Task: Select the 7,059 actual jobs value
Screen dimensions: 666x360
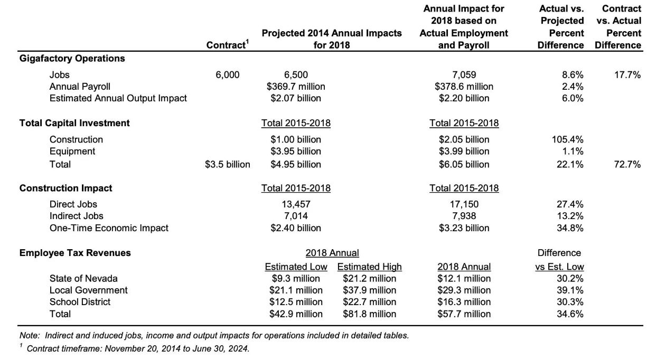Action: click(464, 74)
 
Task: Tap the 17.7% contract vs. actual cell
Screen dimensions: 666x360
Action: click(627, 74)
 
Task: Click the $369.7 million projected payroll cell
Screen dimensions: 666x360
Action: click(296, 87)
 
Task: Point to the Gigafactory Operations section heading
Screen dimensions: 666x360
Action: click(72, 58)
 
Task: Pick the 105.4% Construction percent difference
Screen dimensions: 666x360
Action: click(567, 139)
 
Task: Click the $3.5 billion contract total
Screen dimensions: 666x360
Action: click(228, 164)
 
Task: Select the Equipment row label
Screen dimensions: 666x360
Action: click(72, 151)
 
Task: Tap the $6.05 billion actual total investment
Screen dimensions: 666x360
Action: click(464, 164)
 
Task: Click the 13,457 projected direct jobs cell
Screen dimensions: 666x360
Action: click(296, 204)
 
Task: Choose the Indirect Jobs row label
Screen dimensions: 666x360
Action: click(77, 216)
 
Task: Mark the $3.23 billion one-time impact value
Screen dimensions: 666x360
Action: click(464, 228)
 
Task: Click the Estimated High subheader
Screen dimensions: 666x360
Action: click(369, 267)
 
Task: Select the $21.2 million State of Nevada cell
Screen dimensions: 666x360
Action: click(369, 279)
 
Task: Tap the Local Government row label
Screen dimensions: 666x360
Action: click(88, 290)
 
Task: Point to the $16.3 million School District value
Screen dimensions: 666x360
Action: click(464, 302)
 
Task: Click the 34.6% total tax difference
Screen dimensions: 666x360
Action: click(570, 314)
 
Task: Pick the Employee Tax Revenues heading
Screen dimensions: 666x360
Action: click(75, 253)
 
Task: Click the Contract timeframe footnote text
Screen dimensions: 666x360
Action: click(138, 348)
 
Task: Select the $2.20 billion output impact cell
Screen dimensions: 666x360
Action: click(464, 98)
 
